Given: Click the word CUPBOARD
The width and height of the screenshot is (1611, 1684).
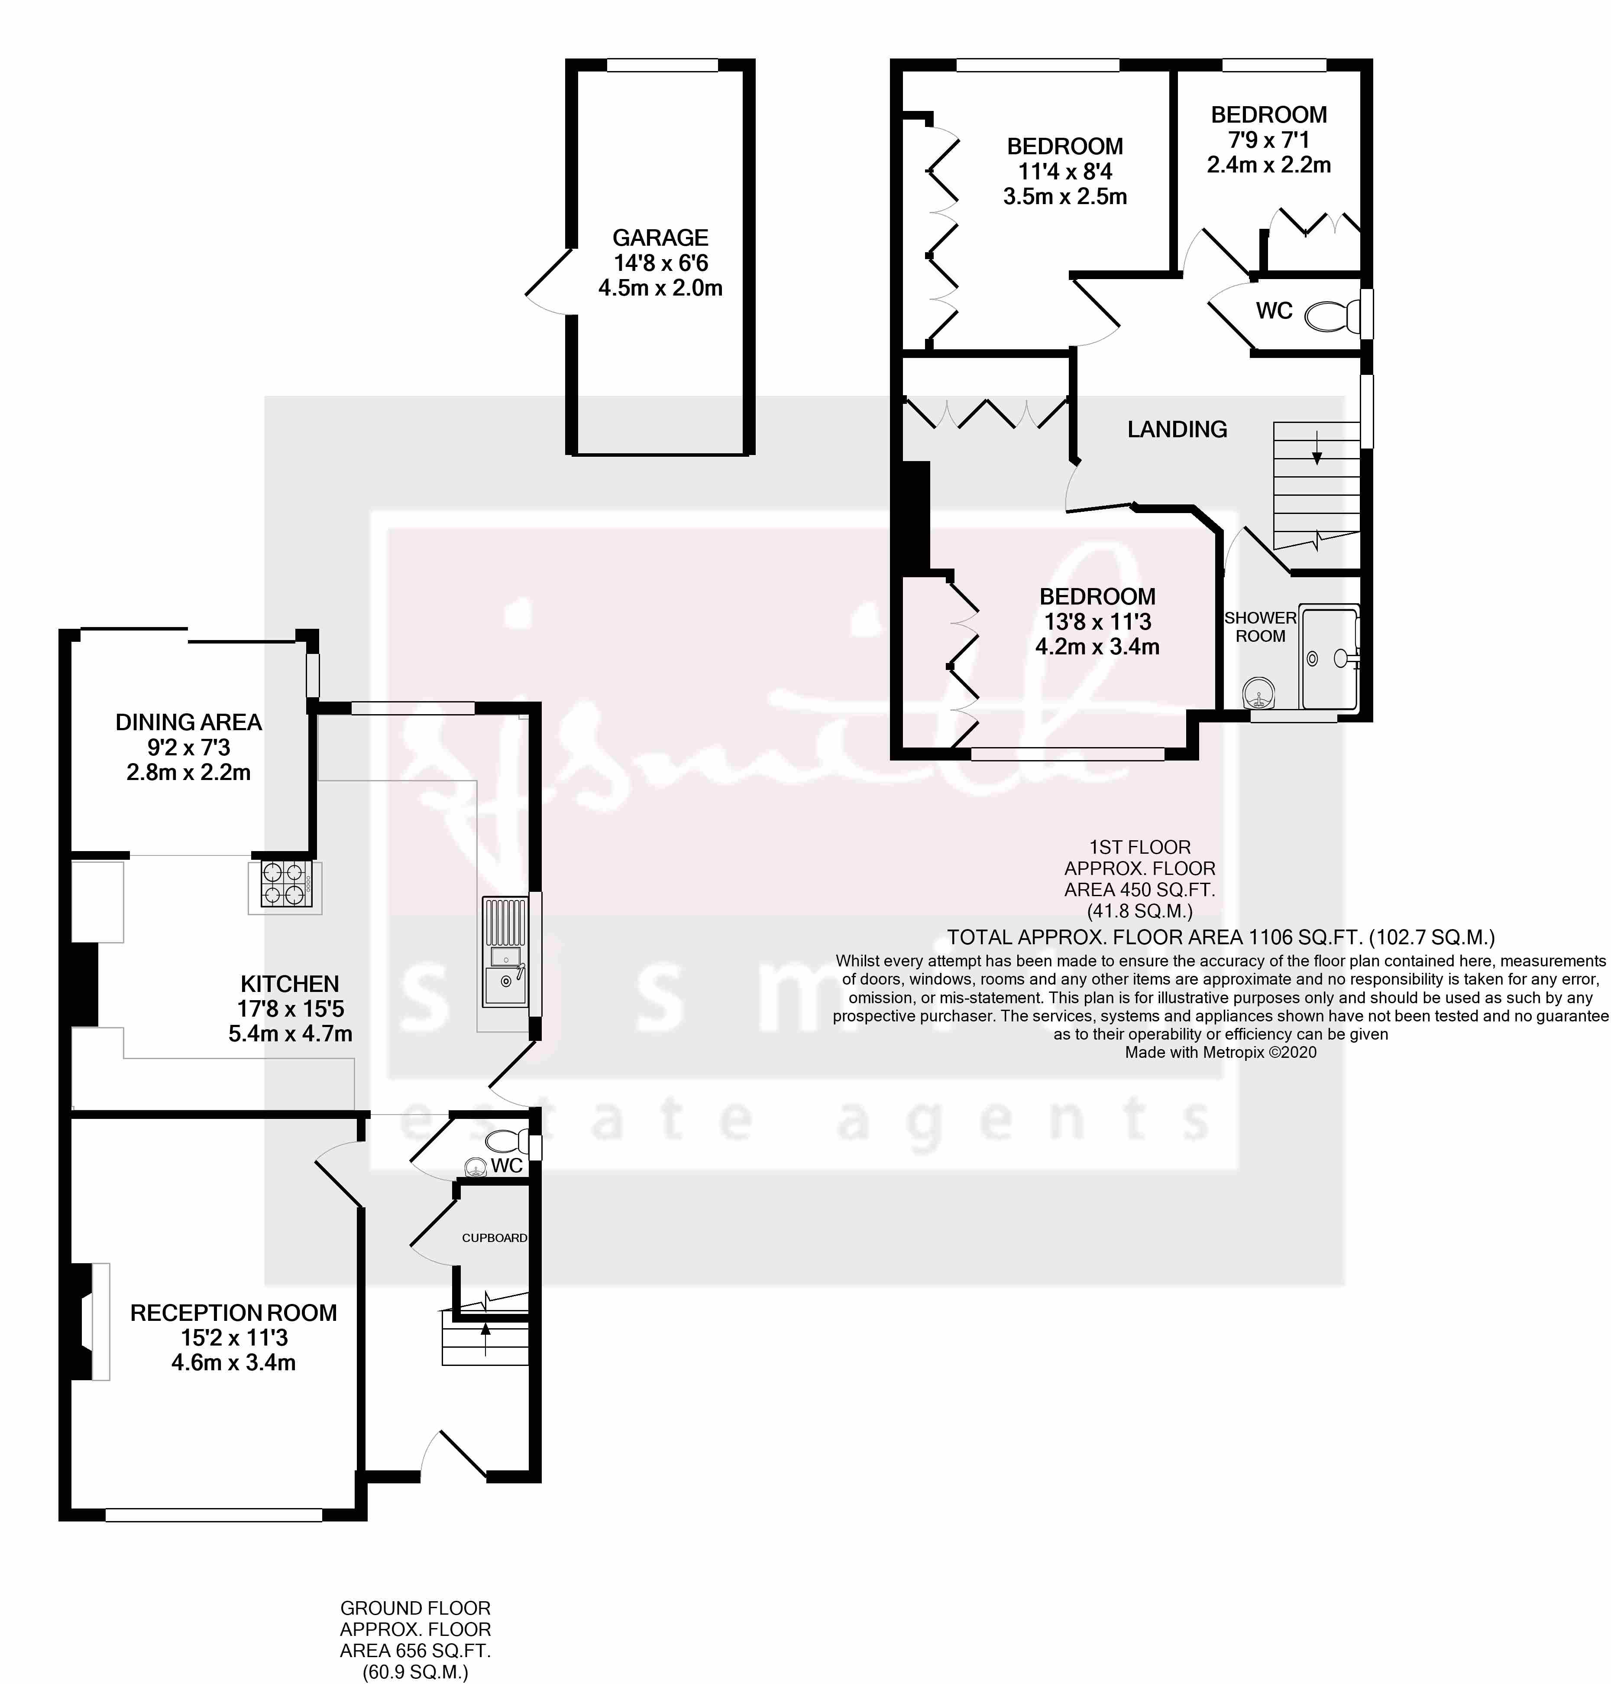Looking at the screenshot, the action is (495, 1238).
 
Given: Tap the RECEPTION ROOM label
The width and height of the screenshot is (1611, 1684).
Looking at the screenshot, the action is (233, 1313).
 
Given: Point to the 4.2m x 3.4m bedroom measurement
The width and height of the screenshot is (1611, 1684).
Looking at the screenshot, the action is (1097, 647).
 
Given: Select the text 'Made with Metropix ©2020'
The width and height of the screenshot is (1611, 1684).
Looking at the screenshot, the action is (1220, 1053).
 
